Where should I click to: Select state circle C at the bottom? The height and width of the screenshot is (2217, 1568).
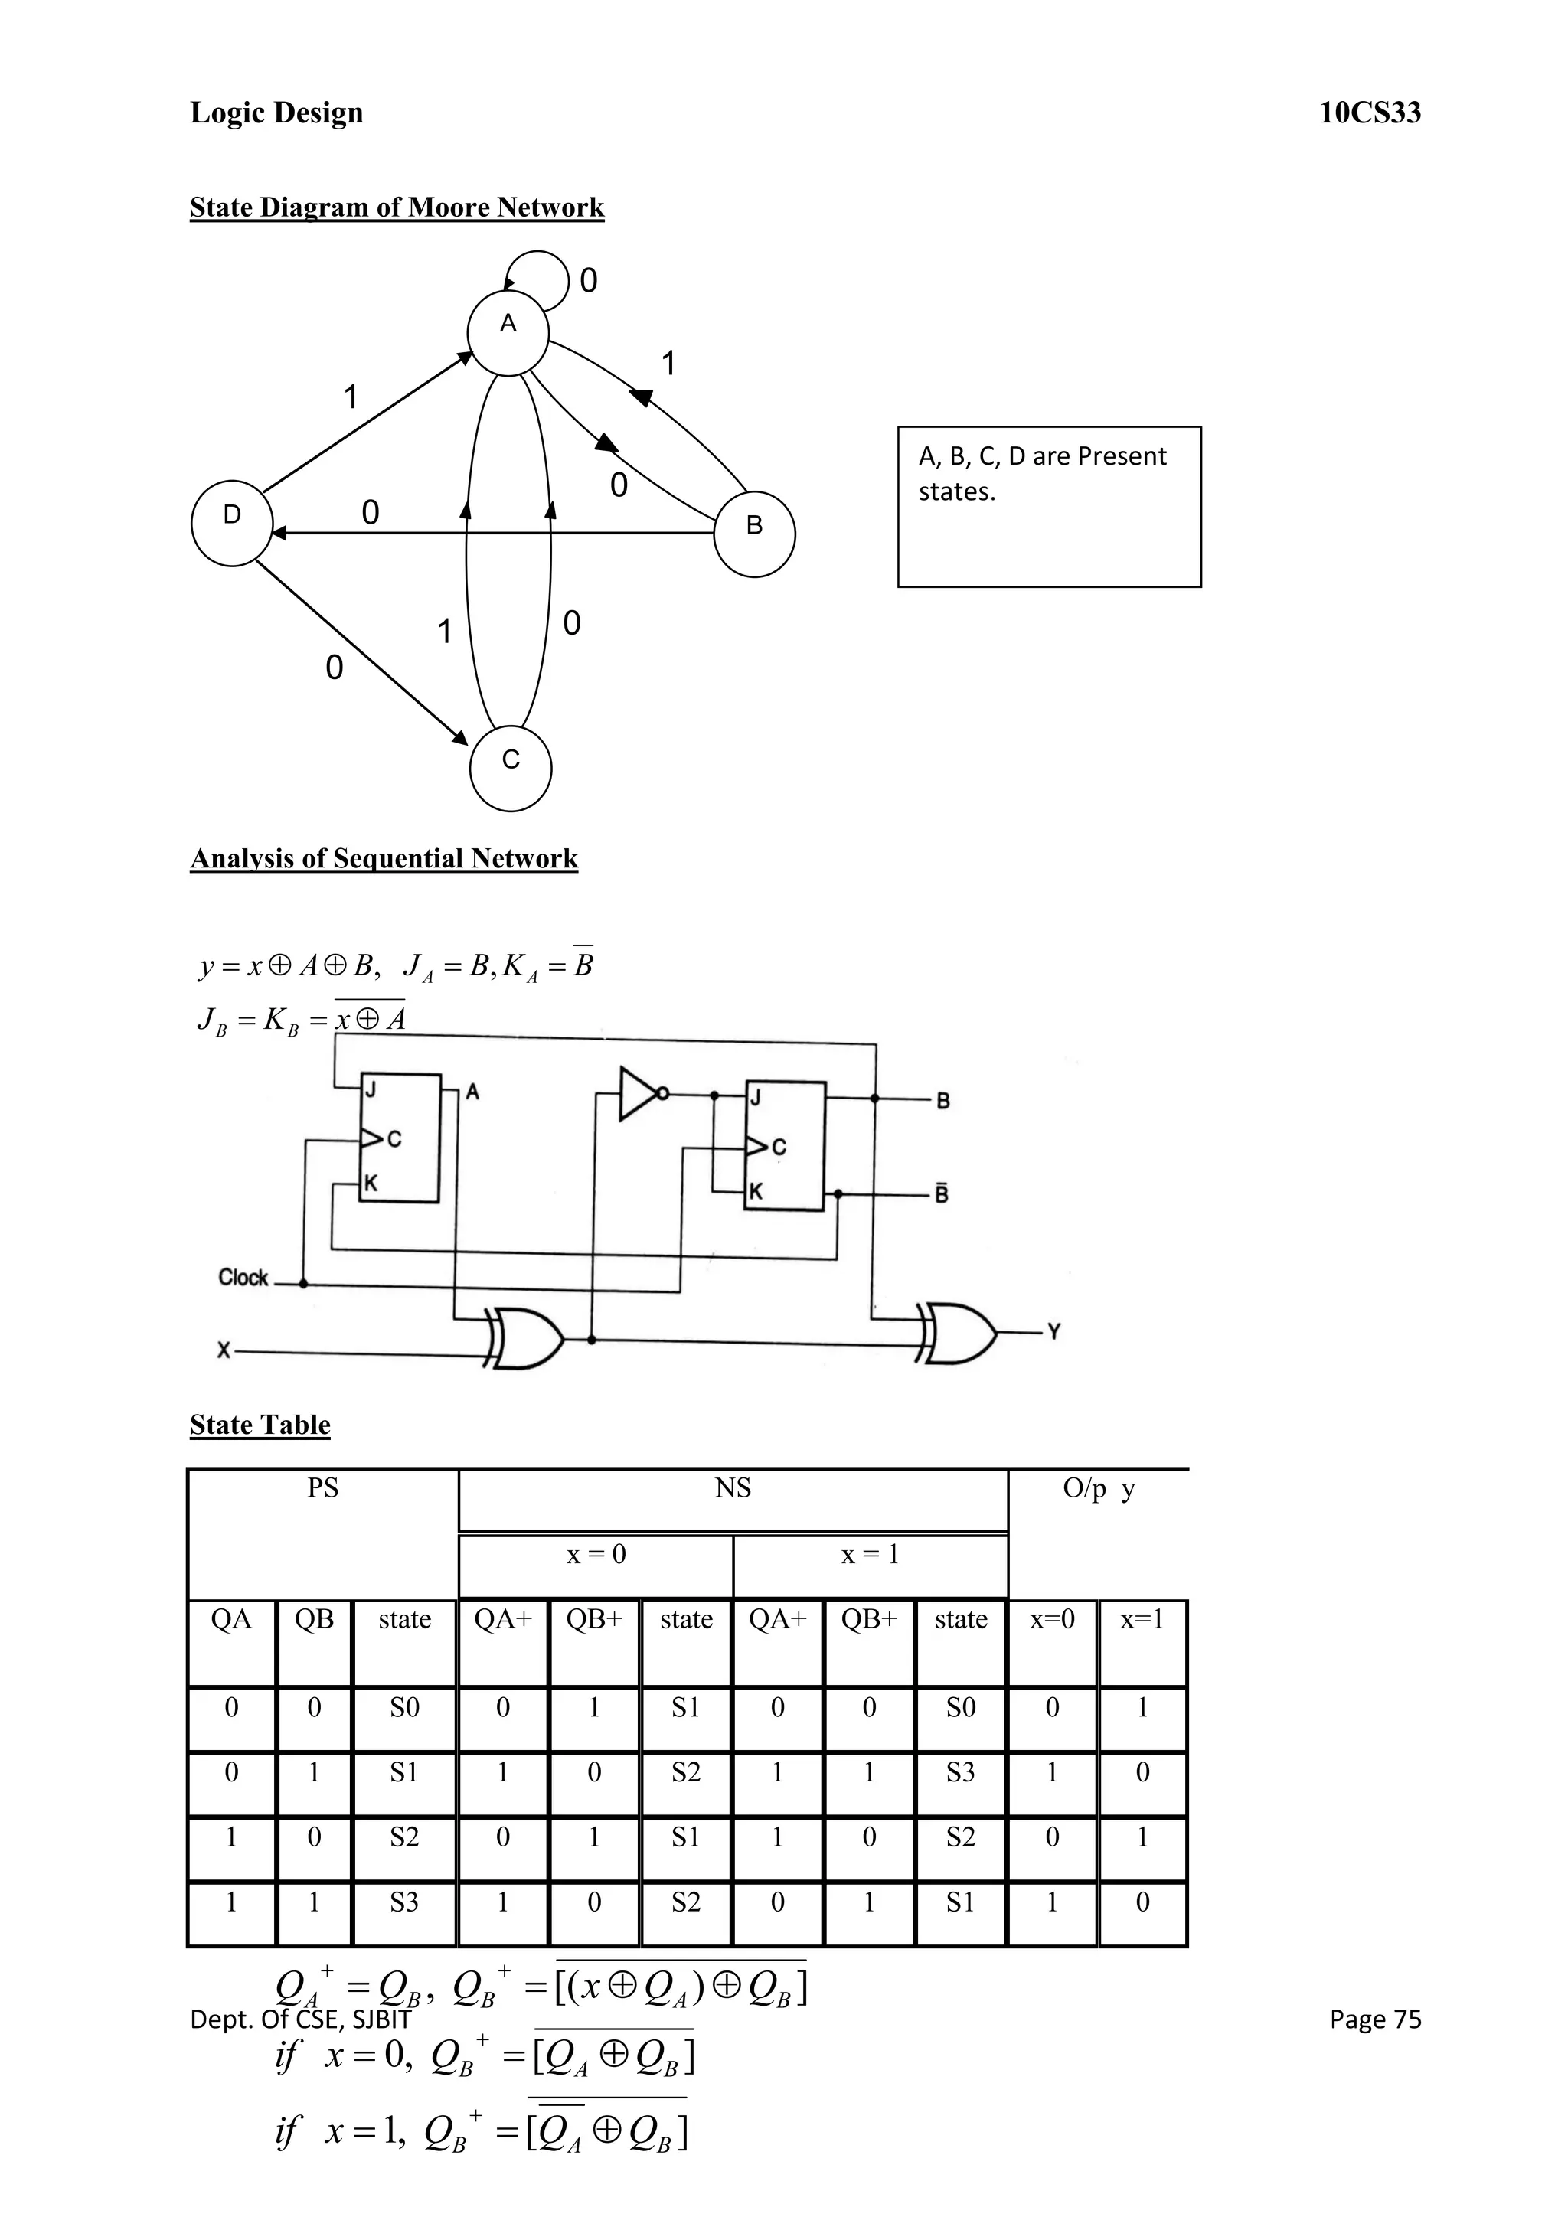coord(510,768)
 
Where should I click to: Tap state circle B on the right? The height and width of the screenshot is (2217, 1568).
coord(754,533)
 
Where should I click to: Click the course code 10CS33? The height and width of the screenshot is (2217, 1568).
coord(1369,113)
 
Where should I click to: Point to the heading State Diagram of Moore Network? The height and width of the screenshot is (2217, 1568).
coord(396,207)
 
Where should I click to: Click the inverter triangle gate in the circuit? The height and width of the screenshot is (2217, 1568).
coord(640,1093)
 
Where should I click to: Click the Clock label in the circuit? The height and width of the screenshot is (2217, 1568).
coord(243,1278)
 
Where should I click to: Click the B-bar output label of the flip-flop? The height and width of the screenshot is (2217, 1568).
coord(942,1194)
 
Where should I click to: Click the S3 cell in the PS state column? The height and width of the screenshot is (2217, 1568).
coord(403,1902)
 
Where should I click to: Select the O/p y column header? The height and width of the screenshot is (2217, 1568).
coord(1098,1488)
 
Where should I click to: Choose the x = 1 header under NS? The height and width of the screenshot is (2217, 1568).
coord(869,1555)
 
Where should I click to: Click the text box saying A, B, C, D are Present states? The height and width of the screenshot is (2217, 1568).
coord(1049,506)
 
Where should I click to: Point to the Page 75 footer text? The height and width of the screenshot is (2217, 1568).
coord(1374,2019)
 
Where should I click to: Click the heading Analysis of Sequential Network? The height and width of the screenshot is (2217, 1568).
coord(384,858)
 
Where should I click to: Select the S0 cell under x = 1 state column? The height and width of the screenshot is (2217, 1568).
coord(960,1707)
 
